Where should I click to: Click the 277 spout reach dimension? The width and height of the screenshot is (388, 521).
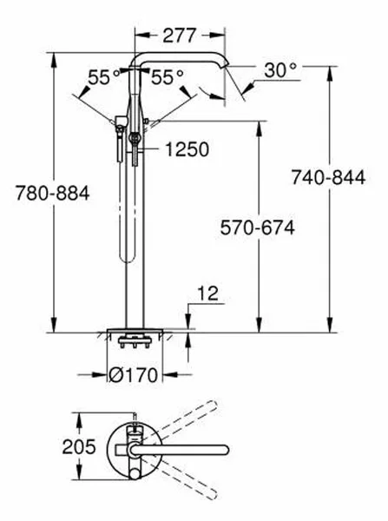click(x=180, y=36)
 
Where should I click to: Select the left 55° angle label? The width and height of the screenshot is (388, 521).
click(x=101, y=77)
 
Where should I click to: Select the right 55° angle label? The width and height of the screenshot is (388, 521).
click(x=168, y=77)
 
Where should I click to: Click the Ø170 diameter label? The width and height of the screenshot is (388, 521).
click(x=138, y=375)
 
